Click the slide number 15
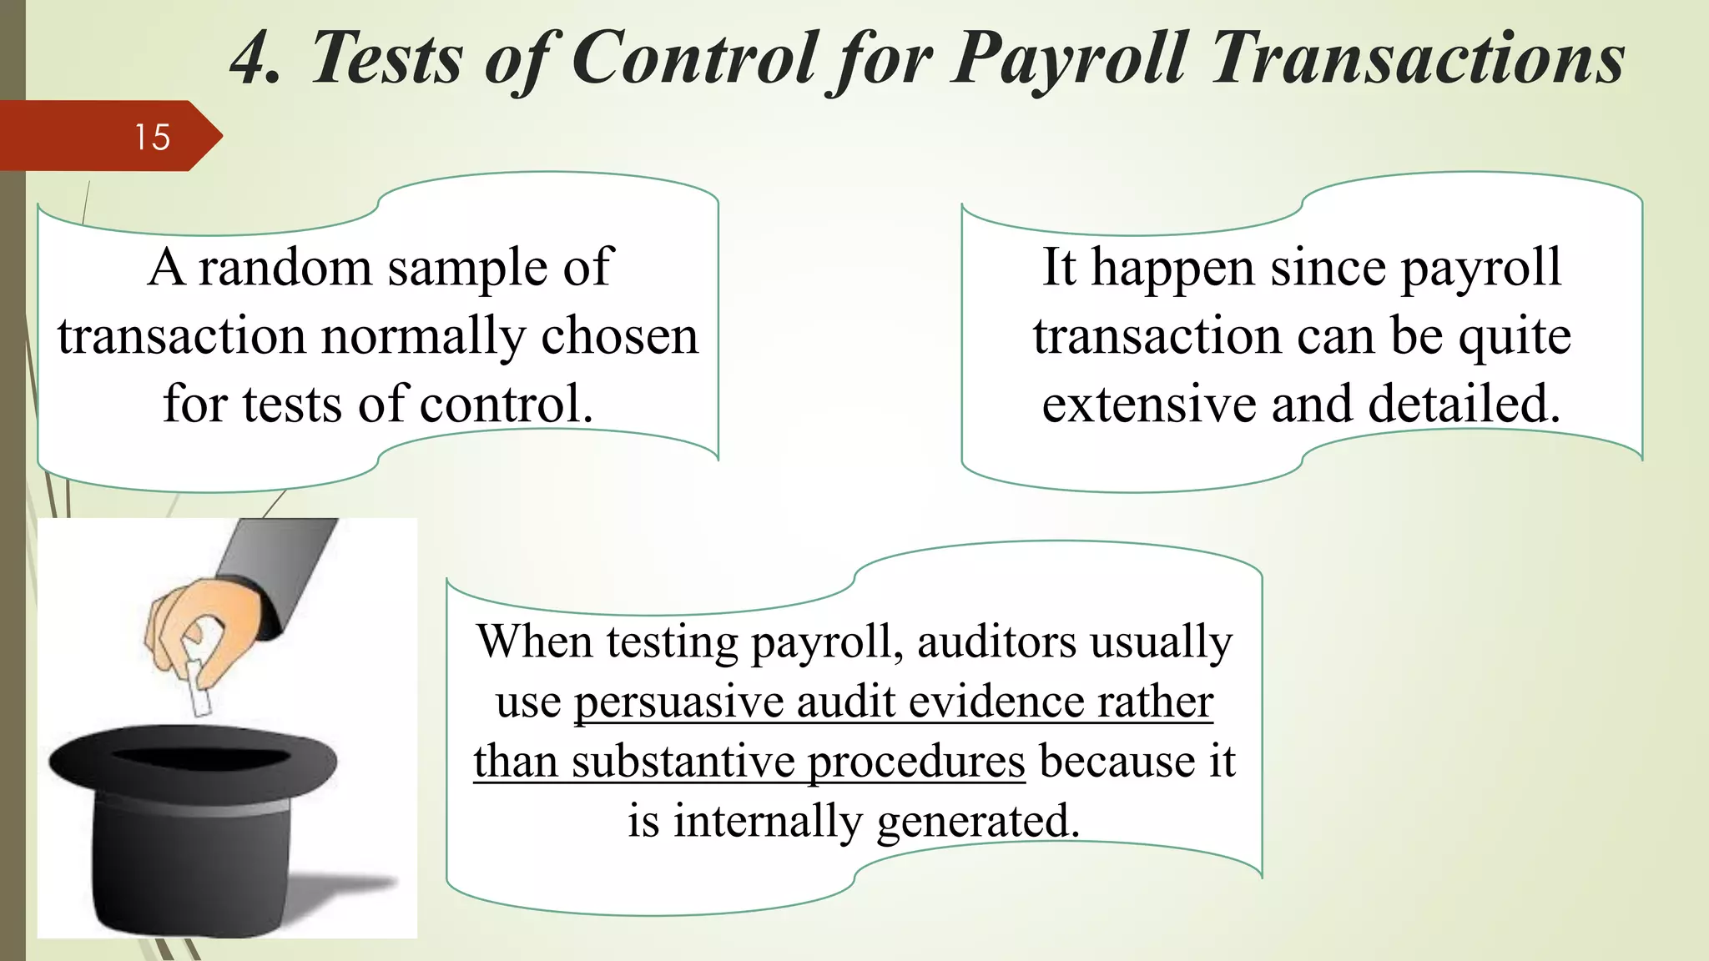(153, 137)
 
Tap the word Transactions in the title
(1417, 58)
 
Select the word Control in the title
(694, 58)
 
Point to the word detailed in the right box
(1464, 405)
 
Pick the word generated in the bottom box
(978, 822)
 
